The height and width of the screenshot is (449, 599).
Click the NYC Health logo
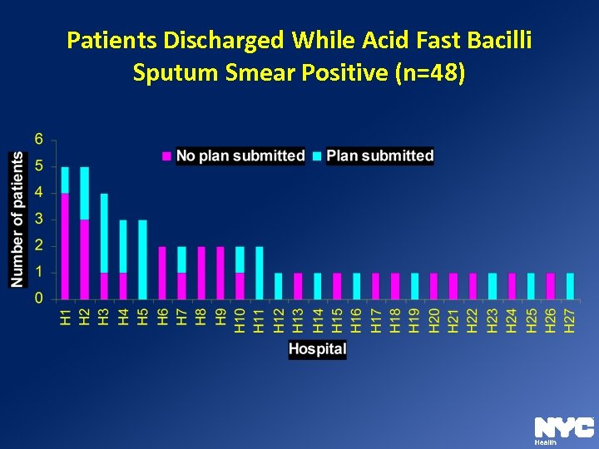coord(563,428)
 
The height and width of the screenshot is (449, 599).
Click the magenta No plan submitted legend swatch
coord(166,155)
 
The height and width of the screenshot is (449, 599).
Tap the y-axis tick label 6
coord(39,139)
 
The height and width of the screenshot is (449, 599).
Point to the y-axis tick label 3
coord(39,219)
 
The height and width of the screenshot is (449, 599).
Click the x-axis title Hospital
coord(317,349)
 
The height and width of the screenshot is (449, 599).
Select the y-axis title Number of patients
coord(17,220)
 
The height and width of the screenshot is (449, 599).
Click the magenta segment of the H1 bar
coord(65,246)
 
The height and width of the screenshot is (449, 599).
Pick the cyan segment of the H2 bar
coord(84,193)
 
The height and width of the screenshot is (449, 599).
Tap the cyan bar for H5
coord(142,259)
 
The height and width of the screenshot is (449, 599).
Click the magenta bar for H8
coord(200,273)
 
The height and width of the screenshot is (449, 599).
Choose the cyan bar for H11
coord(259,273)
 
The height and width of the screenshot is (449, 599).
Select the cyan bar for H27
coord(570,286)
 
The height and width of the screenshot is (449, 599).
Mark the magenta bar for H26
coord(551,286)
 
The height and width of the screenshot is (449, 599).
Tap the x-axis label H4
coord(123,318)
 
